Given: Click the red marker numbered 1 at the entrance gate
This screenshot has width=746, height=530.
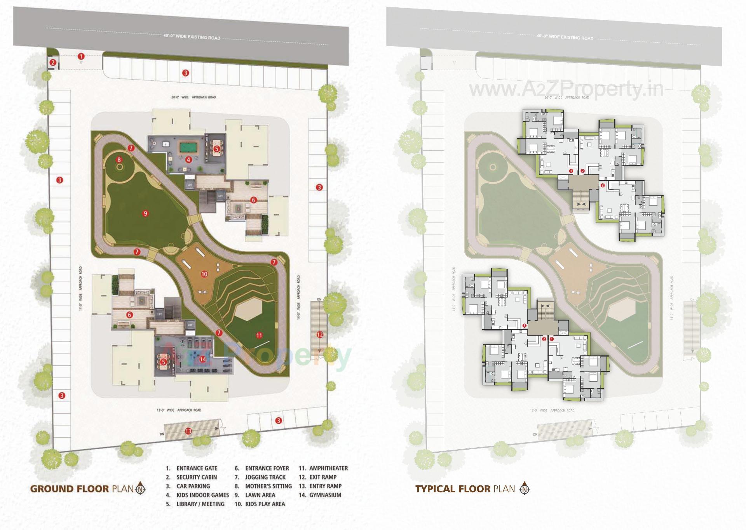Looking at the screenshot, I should [x=81, y=56].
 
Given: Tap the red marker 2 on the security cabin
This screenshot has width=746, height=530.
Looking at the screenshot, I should [x=53, y=63].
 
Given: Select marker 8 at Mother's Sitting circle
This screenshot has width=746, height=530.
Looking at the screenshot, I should [x=119, y=160].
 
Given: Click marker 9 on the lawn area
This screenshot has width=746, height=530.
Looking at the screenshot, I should [x=145, y=213].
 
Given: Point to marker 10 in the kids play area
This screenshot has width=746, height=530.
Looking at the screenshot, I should [x=204, y=274].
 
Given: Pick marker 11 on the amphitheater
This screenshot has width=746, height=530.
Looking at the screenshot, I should [x=259, y=335].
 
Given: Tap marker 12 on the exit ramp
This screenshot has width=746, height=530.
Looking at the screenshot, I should [x=319, y=334].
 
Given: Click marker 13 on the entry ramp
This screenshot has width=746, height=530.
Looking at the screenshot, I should [x=188, y=431].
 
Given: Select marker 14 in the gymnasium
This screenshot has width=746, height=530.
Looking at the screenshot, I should [x=202, y=359].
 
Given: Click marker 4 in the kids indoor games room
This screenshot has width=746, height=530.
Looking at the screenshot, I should [x=188, y=159].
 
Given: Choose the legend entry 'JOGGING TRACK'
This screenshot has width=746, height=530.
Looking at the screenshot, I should [x=265, y=477].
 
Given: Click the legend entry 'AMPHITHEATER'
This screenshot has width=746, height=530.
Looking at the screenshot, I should [x=328, y=468].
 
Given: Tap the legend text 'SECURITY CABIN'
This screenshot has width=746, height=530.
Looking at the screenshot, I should [x=197, y=477].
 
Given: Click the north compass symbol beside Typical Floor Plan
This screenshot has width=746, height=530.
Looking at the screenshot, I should [x=525, y=488].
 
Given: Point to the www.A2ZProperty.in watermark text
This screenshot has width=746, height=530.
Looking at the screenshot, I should [x=566, y=89].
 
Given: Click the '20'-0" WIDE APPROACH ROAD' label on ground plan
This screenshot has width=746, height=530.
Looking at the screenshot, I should [x=193, y=97].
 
